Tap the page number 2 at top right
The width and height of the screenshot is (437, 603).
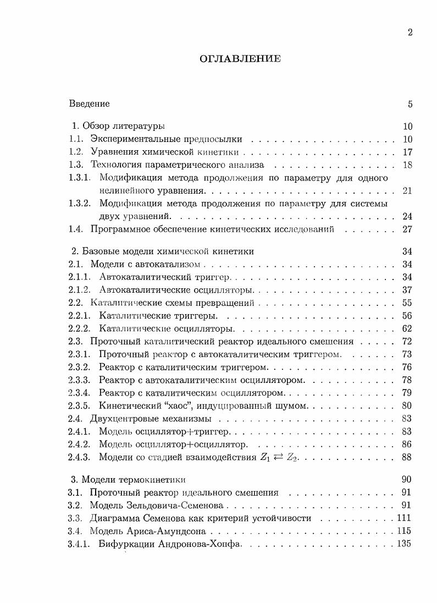[x=410, y=32]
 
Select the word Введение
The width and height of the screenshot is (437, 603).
[x=90, y=104]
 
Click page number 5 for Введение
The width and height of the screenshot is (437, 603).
[x=410, y=104]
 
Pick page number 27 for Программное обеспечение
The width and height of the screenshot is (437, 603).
[x=407, y=229]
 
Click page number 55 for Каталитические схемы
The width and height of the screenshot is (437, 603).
[x=407, y=303]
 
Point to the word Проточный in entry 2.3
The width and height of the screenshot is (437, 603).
[x=110, y=342]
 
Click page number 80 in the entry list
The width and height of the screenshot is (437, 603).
[x=407, y=406]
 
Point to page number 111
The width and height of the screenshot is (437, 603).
[x=404, y=518]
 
